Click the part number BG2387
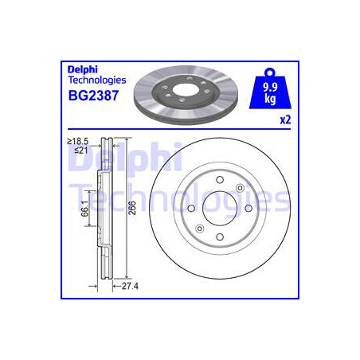click(x=93, y=96)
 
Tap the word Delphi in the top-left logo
click(x=83, y=69)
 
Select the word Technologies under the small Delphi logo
click(x=97, y=80)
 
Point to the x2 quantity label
click(x=285, y=120)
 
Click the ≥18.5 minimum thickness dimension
click(x=78, y=141)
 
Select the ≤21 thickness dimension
click(x=80, y=151)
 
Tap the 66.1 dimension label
click(x=84, y=209)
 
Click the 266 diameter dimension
click(x=132, y=208)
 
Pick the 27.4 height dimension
click(x=130, y=286)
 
